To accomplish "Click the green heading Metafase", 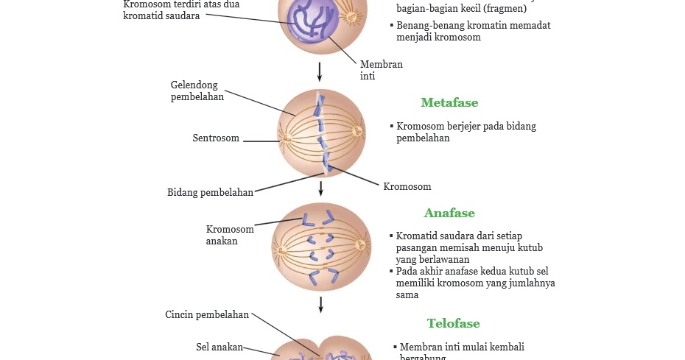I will click(449, 103).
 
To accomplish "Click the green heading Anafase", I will click(449, 213).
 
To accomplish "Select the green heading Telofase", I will click(453, 324).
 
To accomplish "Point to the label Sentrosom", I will click(216, 138).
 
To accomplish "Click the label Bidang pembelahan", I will click(210, 193).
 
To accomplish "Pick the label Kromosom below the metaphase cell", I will click(407, 187).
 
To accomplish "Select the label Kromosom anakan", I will click(230, 235).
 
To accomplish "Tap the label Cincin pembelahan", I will click(207, 315).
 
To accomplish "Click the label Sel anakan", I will click(219, 347).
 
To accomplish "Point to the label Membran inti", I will click(381, 70).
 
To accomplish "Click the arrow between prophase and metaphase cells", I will click(320, 71).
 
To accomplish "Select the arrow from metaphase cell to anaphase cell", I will click(320, 188).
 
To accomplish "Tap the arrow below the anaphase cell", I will click(320, 304).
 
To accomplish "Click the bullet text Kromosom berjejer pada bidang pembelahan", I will click(466, 132).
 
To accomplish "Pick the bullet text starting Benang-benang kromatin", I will click(473, 31).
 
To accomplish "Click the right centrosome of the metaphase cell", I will click(358, 132).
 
